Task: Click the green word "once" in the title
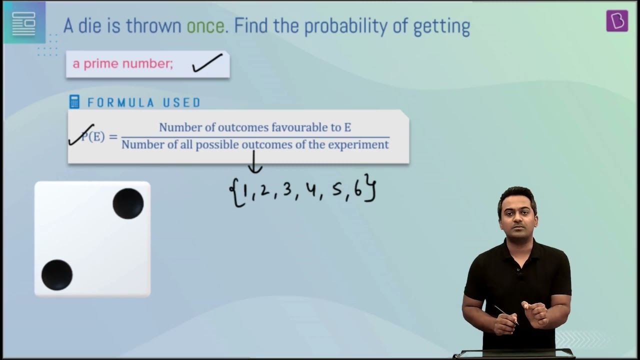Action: (205, 26)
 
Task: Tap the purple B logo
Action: (617, 21)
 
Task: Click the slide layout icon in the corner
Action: (24, 23)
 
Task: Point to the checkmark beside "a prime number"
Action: (207, 63)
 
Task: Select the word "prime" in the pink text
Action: (100, 64)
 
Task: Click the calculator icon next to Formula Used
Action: (74, 101)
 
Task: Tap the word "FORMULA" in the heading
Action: (121, 102)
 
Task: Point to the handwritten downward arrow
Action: (254, 161)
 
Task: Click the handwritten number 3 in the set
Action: (287, 189)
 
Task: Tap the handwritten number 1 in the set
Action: (244, 191)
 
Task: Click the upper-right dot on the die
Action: (128, 203)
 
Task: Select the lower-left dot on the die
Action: (57, 275)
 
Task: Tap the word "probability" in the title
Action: (345, 27)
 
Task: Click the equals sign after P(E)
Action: (113, 137)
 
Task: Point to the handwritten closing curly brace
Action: (370, 187)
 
